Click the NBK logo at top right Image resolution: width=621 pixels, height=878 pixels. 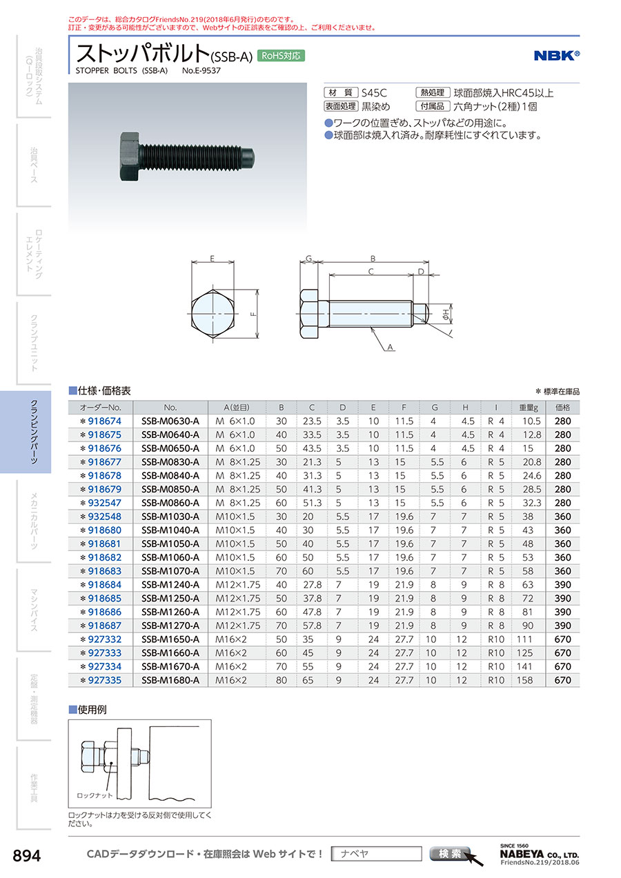point(557,55)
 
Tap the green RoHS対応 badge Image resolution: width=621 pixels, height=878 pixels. point(281,56)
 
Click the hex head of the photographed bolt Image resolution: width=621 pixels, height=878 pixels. point(130,157)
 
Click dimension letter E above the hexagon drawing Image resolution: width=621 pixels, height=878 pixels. point(212,259)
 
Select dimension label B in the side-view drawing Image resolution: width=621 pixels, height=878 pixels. point(373,259)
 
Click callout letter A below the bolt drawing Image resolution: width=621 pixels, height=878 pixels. point(390,347)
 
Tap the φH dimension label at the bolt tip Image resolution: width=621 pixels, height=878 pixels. point(446,313)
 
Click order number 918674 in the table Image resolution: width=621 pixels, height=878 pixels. point(104,421)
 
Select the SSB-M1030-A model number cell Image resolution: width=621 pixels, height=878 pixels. point(170,517)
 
